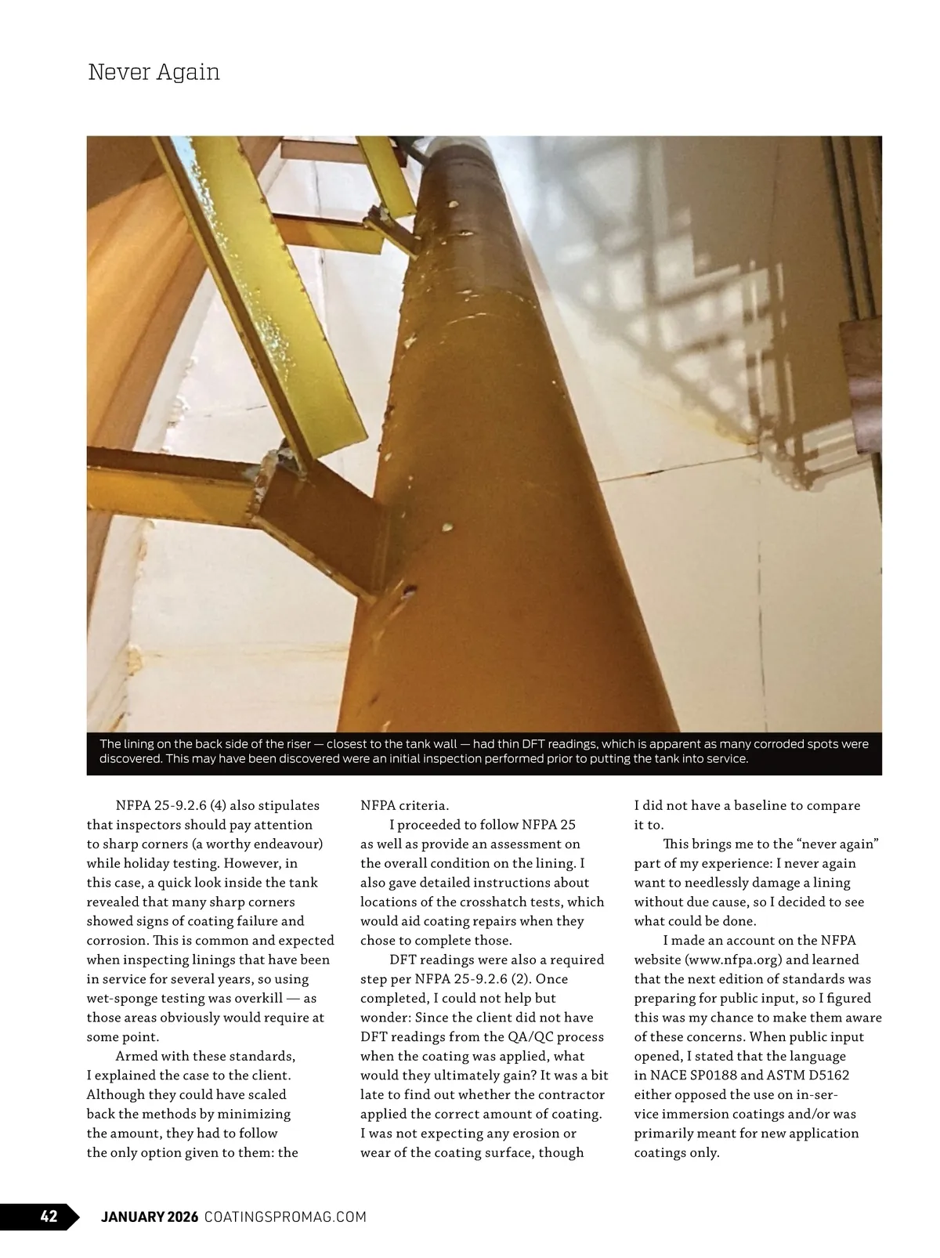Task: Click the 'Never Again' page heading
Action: pos(154,72)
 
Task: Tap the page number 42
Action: pos(49,1216)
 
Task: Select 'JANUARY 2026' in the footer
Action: pos(150,1216)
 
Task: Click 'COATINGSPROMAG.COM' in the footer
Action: pos(285,1216)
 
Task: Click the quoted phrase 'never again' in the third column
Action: pos(841,844)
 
